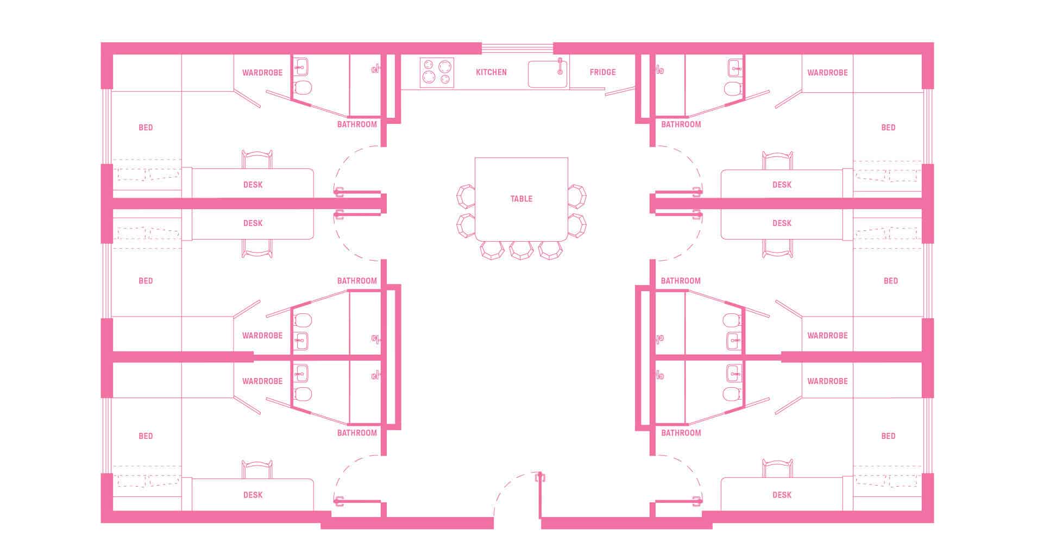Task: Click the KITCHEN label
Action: coord(491,72)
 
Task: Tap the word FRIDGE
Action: coord(602,72)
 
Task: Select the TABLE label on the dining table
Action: coord(521,199)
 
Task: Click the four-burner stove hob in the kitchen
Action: coord(437,73)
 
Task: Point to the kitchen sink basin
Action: coord(547,74)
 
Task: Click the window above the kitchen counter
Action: coord(517,48)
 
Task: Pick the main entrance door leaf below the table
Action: coord(539,495)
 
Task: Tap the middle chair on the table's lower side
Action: coord(521,250)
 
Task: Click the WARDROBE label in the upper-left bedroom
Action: coord(262,73)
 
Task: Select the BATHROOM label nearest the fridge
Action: coord(681,124)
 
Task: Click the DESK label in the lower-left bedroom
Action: coord(253,495)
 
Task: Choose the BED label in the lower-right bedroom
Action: coord(888,436)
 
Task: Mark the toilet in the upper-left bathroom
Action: coord(303,87)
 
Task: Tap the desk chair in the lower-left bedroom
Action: coord(257,469)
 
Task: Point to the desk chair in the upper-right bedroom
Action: coord(777,160)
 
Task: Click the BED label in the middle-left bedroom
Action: coord(146,281)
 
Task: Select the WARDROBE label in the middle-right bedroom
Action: coord(827,336)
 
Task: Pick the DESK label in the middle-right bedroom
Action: coord(782,223)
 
